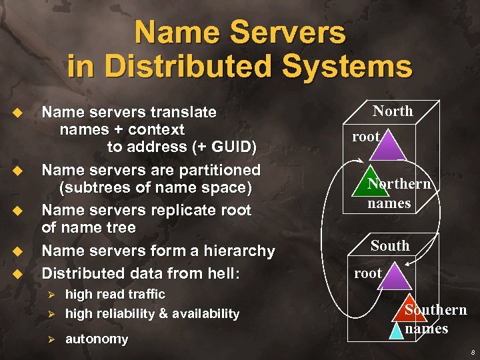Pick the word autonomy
pos(97,339)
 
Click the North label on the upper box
pos(393,111)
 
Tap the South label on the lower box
pos(390,245)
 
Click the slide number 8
pos(471,352)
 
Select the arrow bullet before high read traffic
pos(51,294)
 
